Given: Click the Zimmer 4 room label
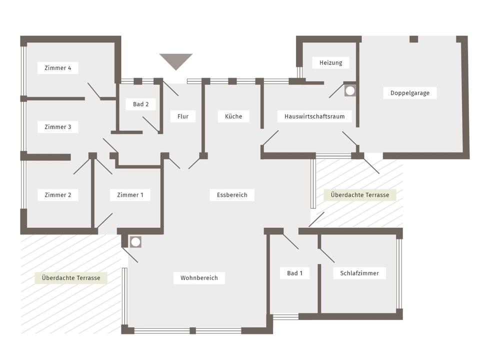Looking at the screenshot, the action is [x=58, y=68].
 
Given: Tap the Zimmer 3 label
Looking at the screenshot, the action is [x=58, y=126].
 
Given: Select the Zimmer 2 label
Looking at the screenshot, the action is [x=58, y=195].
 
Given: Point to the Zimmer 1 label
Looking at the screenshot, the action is [x=130, y=195].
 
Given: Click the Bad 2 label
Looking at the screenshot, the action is [x=141, y=104].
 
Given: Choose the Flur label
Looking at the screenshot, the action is [x=183, y=116].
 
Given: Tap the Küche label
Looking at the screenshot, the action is [x=233, y=116].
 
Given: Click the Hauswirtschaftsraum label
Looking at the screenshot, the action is [x=314, y=116].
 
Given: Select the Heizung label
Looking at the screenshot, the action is [x=331, y=63].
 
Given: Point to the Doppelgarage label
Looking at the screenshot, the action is [x=410, y=93].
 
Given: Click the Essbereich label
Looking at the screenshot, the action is [x=232, y=195].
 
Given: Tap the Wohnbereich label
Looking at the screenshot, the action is [x=199, y=278].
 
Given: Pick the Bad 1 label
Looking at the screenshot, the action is [x=295, y=273].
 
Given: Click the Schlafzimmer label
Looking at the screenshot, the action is [x=359, y=273].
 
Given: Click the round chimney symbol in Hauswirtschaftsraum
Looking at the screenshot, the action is [x=350, y=90].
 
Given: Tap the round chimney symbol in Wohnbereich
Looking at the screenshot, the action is [x=135, y=242].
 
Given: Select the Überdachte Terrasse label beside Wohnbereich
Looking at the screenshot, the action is [x=71, y=278].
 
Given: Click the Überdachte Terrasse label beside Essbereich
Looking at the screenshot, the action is [x=360, y=195].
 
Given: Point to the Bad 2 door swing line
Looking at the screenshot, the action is [x=150, y=124].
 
